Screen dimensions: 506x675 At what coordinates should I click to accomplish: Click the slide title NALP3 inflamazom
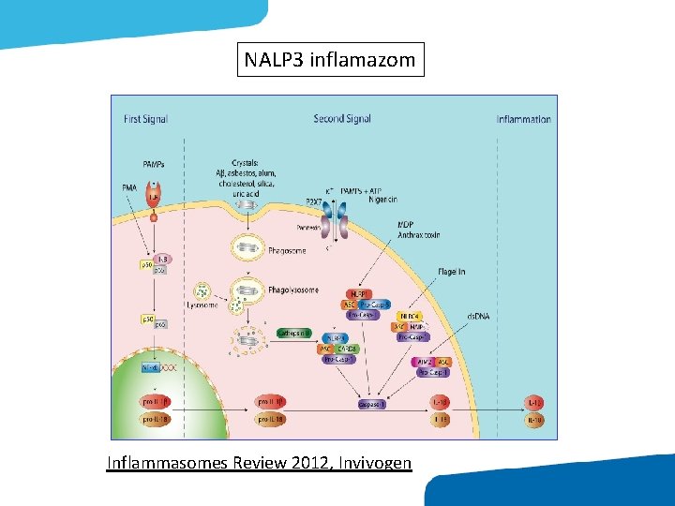click(330, 60)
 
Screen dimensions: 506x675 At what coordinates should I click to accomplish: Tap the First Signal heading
click(145, 119)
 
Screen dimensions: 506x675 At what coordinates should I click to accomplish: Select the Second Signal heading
click(342, 119)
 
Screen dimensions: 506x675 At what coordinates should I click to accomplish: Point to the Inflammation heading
click(523, 119)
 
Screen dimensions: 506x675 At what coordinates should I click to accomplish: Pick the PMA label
click(129, 188)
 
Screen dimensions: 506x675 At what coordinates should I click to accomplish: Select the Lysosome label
click(202, 305)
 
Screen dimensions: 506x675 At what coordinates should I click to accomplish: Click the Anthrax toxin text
click(418, 235)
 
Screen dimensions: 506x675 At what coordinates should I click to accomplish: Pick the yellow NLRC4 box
click(409, 317)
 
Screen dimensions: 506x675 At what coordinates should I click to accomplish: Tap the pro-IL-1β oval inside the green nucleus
click(155, 402)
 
